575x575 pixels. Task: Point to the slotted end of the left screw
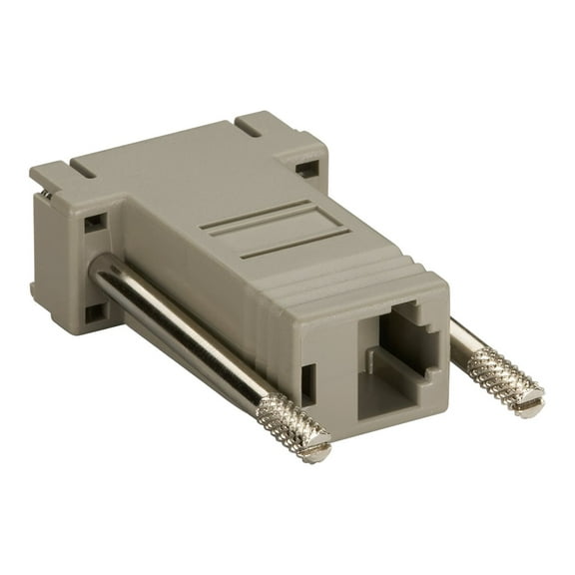pos(315,451)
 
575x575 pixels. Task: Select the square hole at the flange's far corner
pos(305,169)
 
